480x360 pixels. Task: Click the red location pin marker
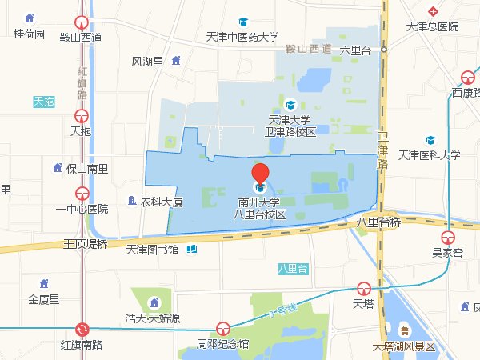click(260, 174)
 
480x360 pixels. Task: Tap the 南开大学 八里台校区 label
click(259, 208)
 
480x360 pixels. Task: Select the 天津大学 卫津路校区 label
click(290, 126)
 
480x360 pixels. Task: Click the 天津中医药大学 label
click(242, 36)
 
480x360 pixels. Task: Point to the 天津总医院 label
click(432, 26)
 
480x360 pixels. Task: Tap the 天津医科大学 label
click(430, 155)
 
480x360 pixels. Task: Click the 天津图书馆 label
click(152, 249)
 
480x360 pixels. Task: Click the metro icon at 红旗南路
click(82, 330)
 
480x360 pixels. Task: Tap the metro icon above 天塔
click(364, 289)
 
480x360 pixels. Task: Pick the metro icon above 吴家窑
click(449, 237)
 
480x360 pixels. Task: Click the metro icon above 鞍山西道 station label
click(81, 23)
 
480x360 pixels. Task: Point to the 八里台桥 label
click(378, 223)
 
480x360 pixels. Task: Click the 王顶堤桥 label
click(86, 244)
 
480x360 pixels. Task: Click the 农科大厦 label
click(162, 202)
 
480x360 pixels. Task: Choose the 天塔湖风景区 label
click(404, 346)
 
